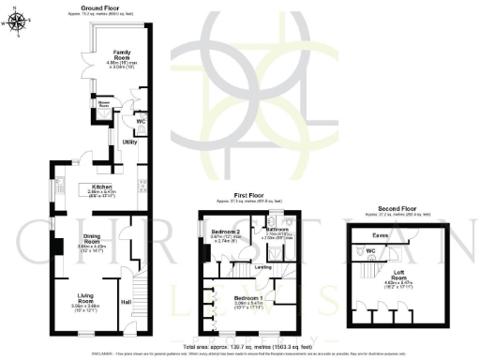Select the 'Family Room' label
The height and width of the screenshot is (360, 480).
122,54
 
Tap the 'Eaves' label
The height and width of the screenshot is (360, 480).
381,235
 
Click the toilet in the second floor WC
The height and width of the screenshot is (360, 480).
362,251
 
